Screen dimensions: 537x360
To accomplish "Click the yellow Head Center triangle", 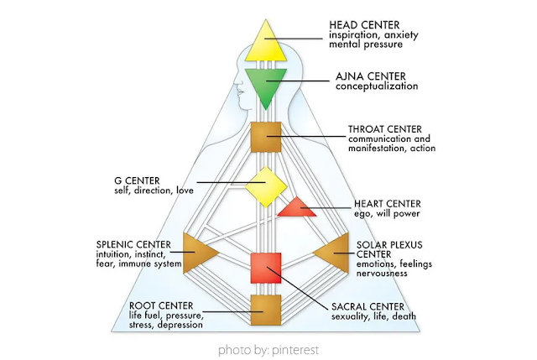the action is coord(266,45).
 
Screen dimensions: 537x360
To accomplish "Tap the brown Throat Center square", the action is coord(266,137).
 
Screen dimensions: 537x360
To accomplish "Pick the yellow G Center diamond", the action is coord(266,186).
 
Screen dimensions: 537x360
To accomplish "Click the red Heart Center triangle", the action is coord(297,209).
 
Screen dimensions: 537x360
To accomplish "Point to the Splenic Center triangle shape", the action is coord(196,253).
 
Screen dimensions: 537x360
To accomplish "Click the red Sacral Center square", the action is coord(266,269).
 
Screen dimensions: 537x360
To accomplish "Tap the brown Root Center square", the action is coord(266,310).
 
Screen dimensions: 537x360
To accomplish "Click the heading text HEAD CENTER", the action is coord(364,25).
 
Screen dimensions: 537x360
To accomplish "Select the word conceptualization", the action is coord(377,86).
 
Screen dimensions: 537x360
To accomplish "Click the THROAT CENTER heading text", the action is coord(385,129).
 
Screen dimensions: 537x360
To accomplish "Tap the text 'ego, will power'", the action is coord(387,214).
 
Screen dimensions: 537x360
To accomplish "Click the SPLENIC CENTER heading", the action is coord(133,244).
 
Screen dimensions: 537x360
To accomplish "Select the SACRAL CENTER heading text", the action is coord(368,306).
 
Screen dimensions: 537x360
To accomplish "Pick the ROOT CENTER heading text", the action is coord(161,305).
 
